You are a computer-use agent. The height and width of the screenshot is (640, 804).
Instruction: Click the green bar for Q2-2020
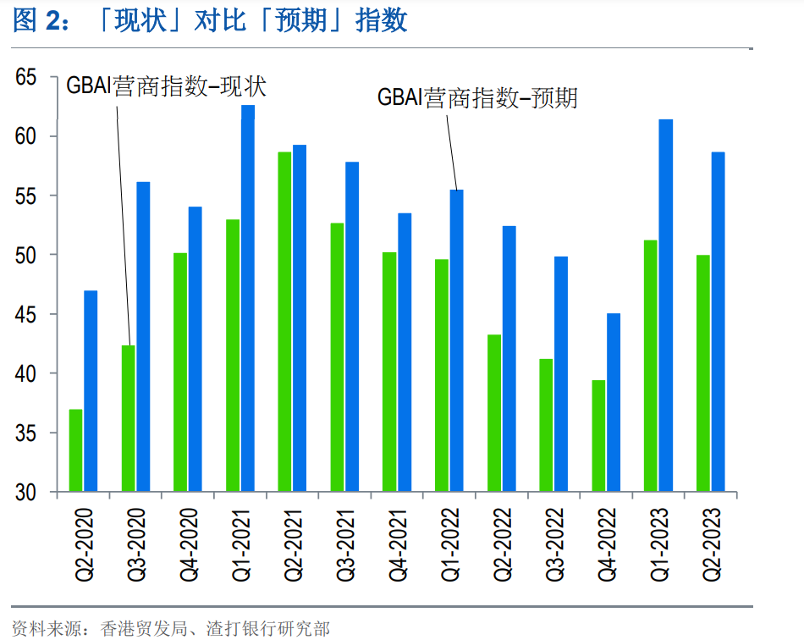click(76, 450)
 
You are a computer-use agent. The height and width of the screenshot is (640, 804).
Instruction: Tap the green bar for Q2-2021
click(284, 322)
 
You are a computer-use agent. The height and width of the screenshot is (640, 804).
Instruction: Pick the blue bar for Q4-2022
click(614, 402)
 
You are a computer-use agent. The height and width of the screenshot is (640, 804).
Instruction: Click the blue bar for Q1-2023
click(666, 305)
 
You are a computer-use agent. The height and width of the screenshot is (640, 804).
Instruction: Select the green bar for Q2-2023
click(702, 372)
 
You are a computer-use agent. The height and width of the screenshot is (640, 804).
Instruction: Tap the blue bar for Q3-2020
click(143, 336)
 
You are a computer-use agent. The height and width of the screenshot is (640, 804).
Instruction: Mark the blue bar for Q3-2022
click(561, 373)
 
